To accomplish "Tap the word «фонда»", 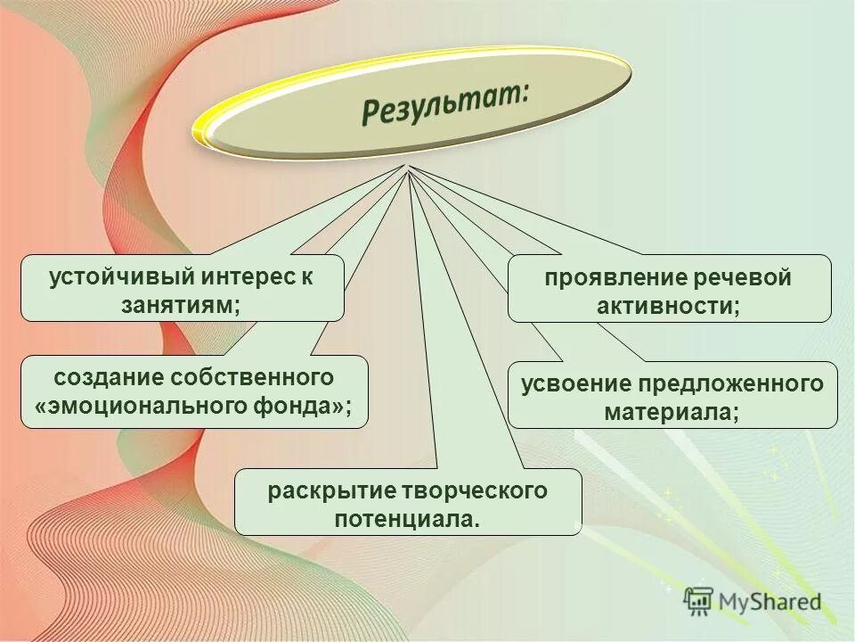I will pyautogui.click(x=302, y=407).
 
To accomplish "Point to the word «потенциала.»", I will pyautogui.click(x=407, y=518).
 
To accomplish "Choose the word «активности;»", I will pyautogui.click(x=670, y=306).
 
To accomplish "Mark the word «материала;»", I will pyautogui.click(x=672, y=413).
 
